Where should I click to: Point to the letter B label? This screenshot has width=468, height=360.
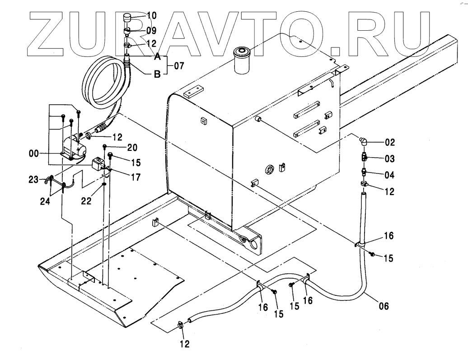pyautogui.click(x=157, y=75)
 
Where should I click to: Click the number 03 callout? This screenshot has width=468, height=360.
pyautogui.click(x=390, y=159)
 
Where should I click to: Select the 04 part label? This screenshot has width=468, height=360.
pyautogui.click(x=390, y=175)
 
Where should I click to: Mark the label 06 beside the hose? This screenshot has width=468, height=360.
pyautogui.click(x=382, y=306)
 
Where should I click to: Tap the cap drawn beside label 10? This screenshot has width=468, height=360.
pyautogui.click(x=127, y=19)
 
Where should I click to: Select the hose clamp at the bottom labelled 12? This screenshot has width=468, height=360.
pyautogui.click(x=180, y=324)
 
